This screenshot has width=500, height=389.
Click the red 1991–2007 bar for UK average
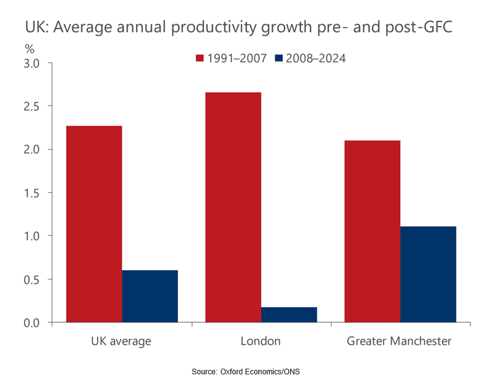coord(94,224)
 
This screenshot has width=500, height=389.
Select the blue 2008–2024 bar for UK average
coord(150,296)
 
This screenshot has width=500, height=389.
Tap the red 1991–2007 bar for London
coord(233,207)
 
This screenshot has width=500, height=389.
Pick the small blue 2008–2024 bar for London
coord(289,315)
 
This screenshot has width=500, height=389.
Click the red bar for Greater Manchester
coord(372,231)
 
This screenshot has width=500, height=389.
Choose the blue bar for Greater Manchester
coord(428,274)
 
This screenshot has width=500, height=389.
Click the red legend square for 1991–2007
coord(199,58)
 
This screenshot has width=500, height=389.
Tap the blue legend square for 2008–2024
coord(279,58)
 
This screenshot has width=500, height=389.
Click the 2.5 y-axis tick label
coord(32,106)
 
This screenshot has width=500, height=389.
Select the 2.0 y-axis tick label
coord(32,149)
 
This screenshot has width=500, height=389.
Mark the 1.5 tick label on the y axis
coord(32,193)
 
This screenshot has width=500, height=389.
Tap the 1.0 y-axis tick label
coord(32,236)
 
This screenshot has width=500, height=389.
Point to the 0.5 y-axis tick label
coord(32,279)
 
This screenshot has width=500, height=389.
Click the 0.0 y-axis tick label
coord(32,323)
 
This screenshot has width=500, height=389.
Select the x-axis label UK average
coord(121,341)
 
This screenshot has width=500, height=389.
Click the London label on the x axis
coord(260,341)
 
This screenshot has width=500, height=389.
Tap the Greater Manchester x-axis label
coord(400,341)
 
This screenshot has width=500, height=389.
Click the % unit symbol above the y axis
coord(29,48)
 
